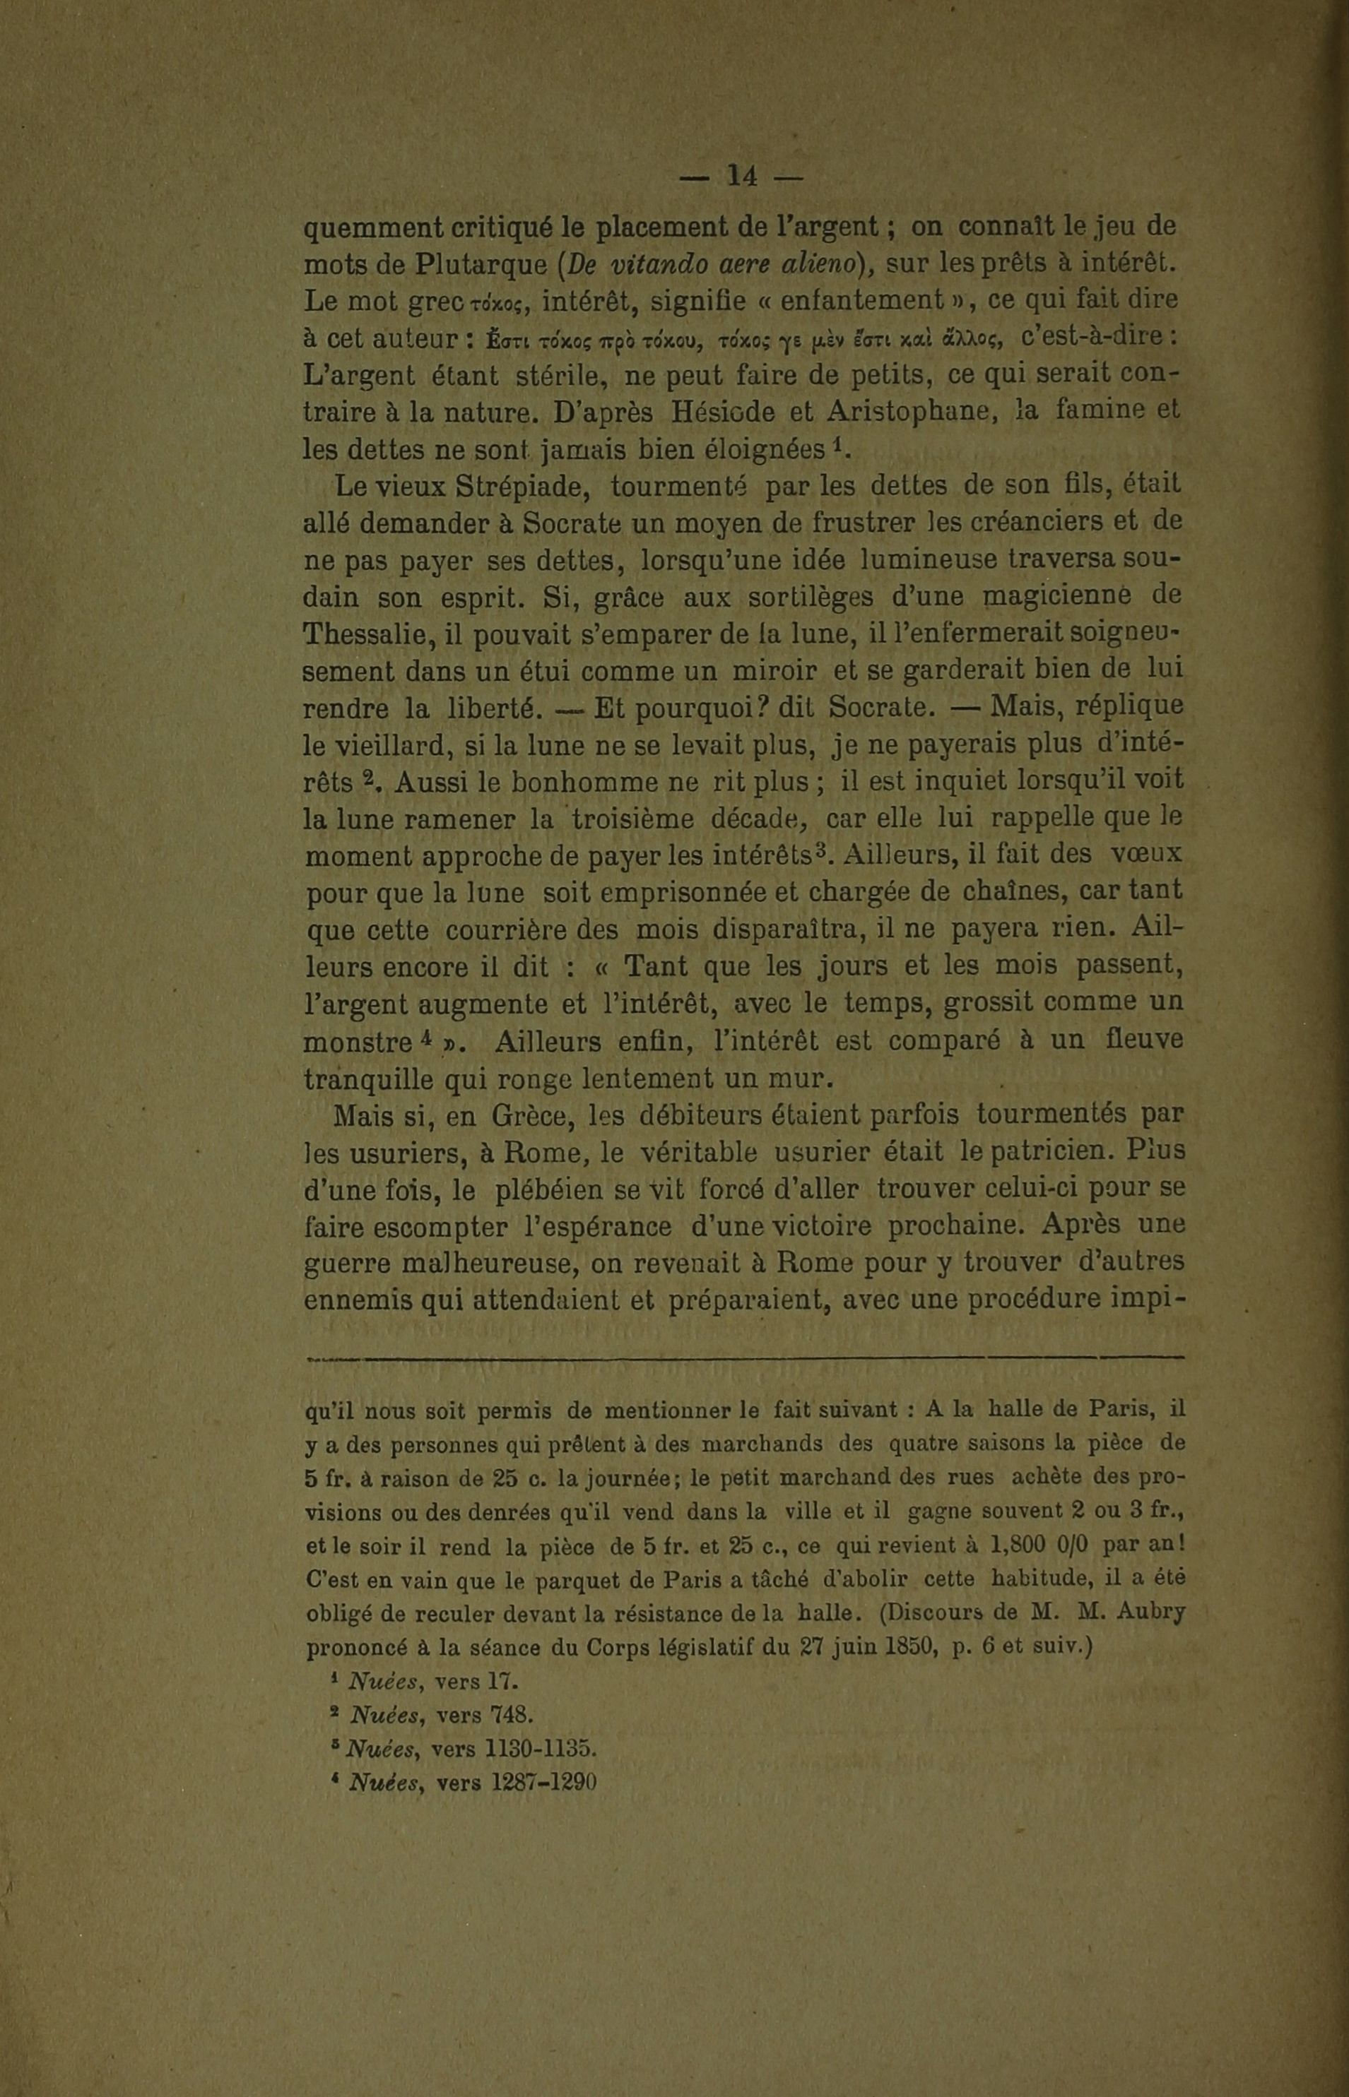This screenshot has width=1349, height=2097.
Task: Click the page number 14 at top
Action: click(741, 176)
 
